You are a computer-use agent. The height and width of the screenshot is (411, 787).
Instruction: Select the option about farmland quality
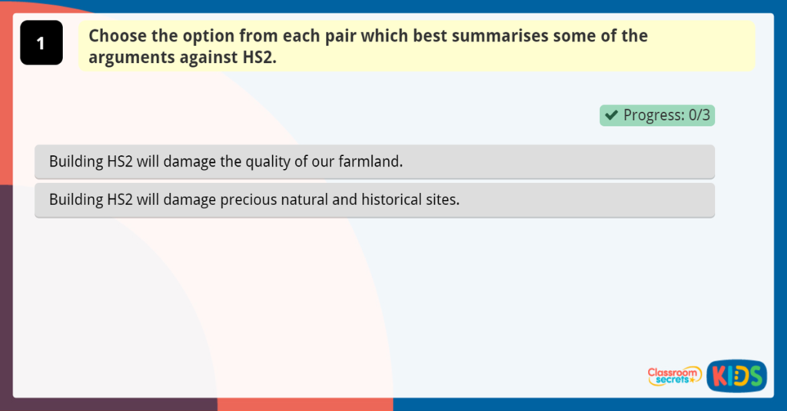click(374, 162)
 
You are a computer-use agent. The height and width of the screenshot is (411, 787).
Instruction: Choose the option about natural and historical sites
click(374, 200)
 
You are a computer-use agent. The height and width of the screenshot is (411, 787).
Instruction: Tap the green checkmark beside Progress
click(612, 115)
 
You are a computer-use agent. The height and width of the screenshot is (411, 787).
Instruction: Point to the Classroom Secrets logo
click(674, 376)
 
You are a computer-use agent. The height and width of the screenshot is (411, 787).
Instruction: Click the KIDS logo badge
click(736, 376)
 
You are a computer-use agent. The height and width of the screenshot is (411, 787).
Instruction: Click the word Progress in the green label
click(653, 115)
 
